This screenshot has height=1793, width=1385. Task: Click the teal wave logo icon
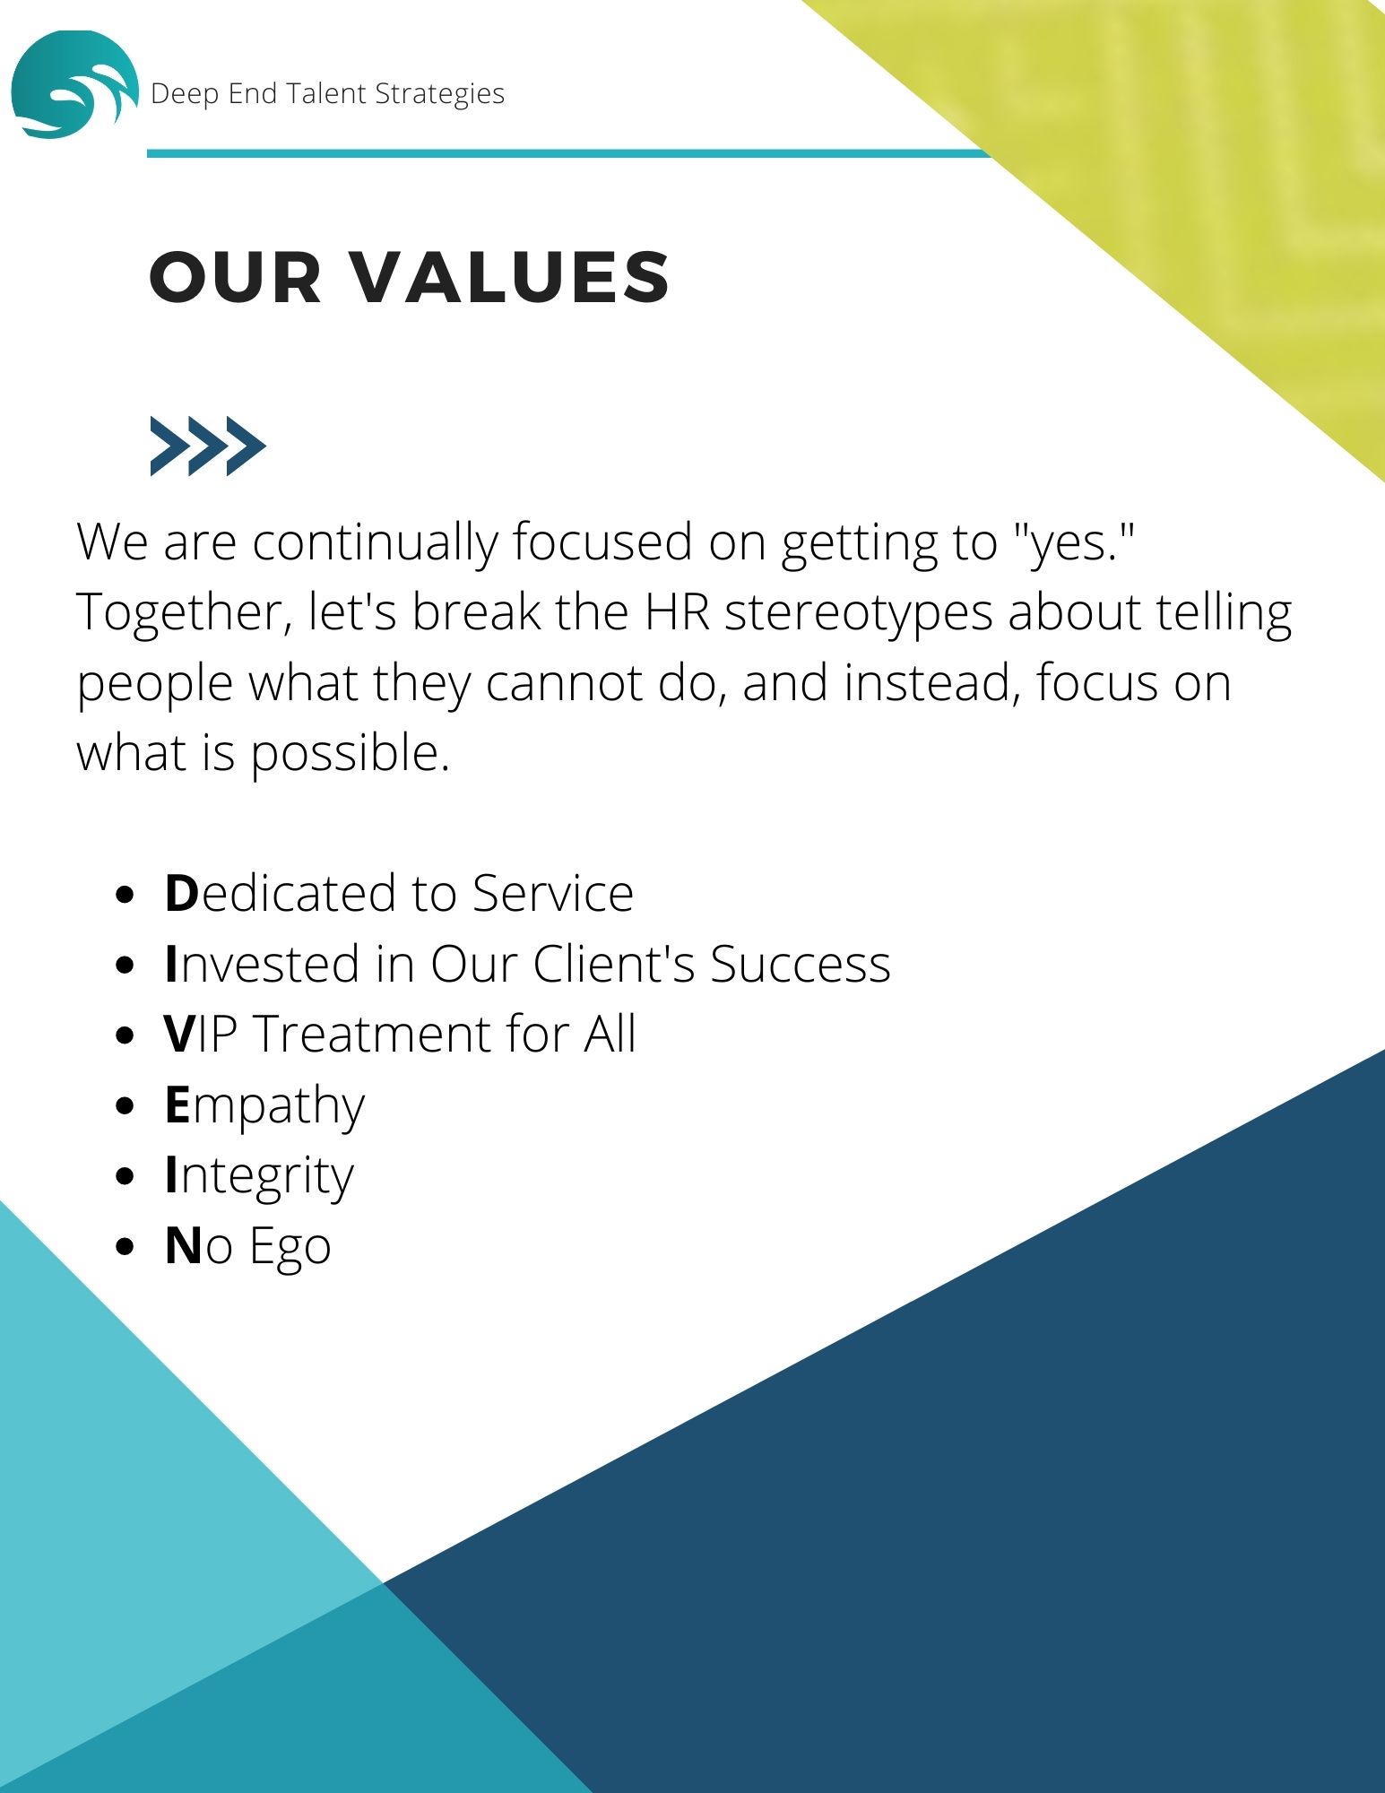74,85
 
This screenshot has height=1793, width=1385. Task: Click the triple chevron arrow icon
208,446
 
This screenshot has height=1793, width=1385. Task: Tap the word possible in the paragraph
350,753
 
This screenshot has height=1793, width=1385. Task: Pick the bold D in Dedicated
181,894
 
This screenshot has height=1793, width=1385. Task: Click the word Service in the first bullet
553,894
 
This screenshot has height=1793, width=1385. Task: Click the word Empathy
264,1106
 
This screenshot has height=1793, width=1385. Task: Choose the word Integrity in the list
260,1177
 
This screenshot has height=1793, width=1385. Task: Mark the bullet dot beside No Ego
126,1246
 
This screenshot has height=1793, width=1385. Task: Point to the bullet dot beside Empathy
126,1104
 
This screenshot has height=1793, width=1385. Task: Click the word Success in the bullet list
801,964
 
